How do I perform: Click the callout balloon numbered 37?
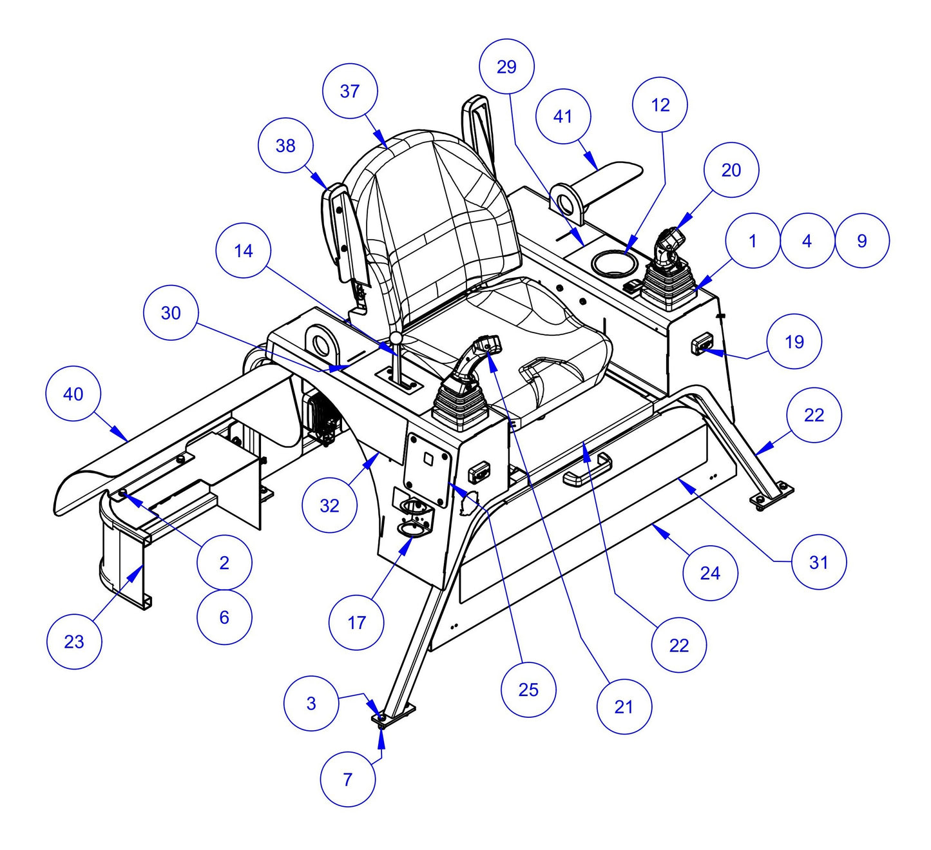tap(349, 91)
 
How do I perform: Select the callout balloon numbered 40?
tap(73, 394)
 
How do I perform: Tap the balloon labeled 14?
tap(244, 251)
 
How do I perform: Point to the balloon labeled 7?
tap(347, 779)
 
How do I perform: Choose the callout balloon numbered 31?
tap(818, 562)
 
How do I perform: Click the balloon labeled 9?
tap(862, 240)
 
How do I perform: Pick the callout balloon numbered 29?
tap(507, 66)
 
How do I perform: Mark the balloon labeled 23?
tap(74, 641)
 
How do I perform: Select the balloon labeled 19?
tap(794, 342)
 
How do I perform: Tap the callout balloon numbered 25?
tap(528, 690)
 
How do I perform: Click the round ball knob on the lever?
tap(396, 338)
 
